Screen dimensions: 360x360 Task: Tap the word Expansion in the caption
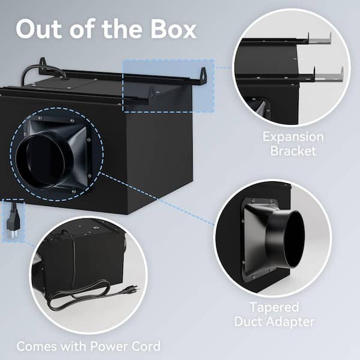[x=293, y=137]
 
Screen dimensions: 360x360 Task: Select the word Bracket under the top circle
[x=293, y=151]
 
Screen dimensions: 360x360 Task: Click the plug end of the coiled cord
[x=131, y=289]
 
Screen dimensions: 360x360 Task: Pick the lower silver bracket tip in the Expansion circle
[x=329, y=77]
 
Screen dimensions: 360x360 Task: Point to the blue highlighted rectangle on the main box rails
[x=168, y=85]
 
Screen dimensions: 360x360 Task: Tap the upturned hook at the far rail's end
[x=203, y=76]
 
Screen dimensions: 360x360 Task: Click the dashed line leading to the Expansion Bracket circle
[x=223, y=68]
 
